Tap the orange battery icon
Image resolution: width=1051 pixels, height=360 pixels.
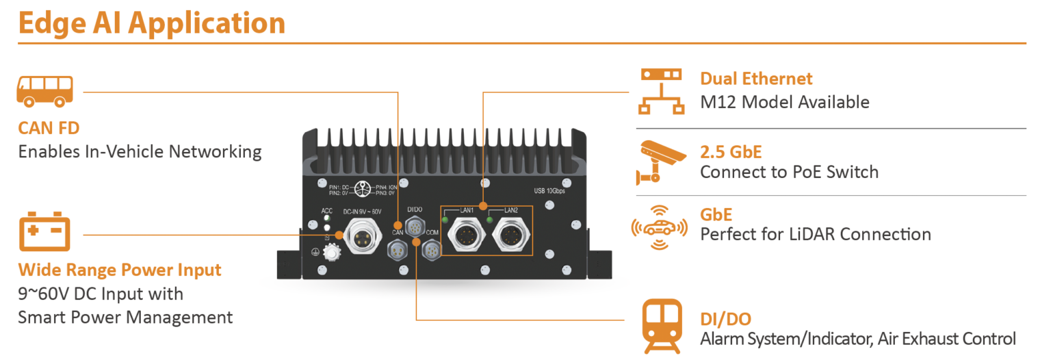coord(44,233)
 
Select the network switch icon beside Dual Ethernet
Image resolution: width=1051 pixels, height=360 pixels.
coord(660,90)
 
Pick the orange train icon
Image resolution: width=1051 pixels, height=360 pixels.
coord(661,327)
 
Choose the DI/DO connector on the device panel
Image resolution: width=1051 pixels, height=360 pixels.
coord(415,227)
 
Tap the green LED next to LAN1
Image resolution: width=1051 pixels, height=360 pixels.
coord(445,220)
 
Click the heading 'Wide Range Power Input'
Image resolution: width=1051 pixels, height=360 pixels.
coord(120,270)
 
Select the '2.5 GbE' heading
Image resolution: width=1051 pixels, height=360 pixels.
coord(731,151)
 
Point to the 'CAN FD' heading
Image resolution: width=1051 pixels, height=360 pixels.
coord(49,128)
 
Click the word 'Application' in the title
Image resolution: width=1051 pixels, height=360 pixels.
coord(207,23)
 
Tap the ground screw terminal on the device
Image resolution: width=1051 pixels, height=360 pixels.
coord(332,253)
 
